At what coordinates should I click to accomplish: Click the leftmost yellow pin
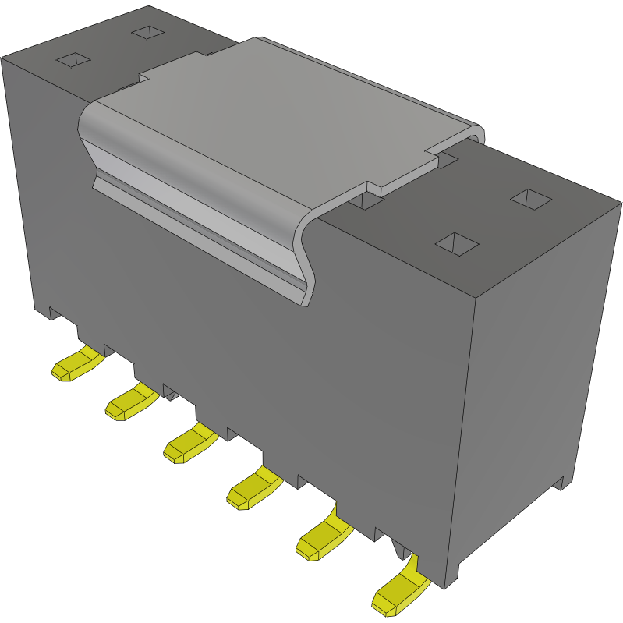[76, 365]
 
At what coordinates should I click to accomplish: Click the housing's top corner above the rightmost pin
[475, 297]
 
